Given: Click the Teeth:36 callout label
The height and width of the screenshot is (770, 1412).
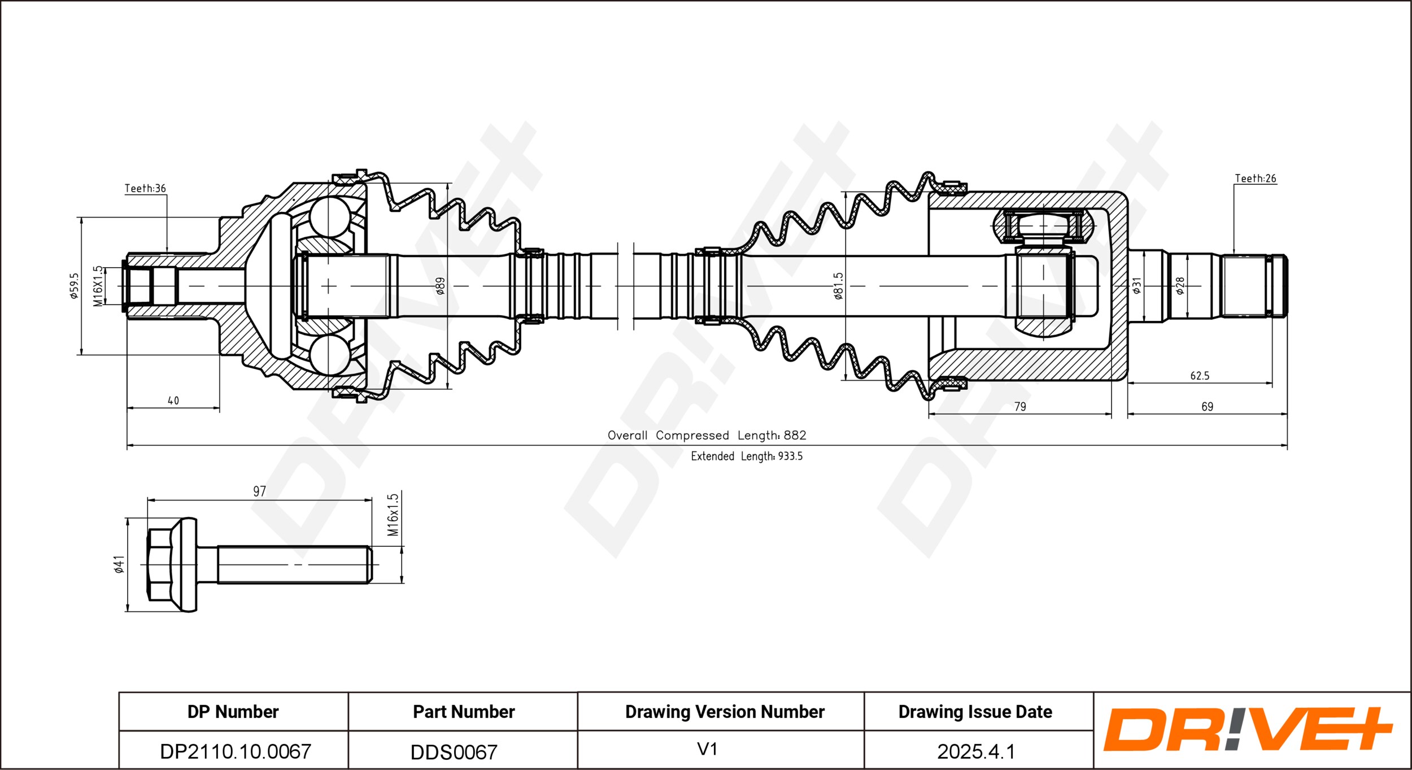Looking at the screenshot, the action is coord(145,188).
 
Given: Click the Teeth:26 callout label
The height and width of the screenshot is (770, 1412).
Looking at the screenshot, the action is coord(1256,179).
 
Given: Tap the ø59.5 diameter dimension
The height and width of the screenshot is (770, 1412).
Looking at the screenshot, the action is coord(74,286).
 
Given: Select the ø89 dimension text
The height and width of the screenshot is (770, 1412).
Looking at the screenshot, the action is coord(441,286).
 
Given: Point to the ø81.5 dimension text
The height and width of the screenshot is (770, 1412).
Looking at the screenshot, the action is coord(838,286).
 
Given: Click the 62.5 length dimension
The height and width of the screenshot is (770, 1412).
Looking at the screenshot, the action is coord(1200,376).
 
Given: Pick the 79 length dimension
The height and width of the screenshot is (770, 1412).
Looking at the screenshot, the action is coord(1020,407).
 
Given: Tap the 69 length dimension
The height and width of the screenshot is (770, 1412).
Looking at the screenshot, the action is coord(1207,407).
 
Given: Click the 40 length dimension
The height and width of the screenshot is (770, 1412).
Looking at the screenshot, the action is coord(173,401).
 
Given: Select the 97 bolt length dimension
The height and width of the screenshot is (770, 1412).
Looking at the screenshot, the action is coord(259,491).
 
